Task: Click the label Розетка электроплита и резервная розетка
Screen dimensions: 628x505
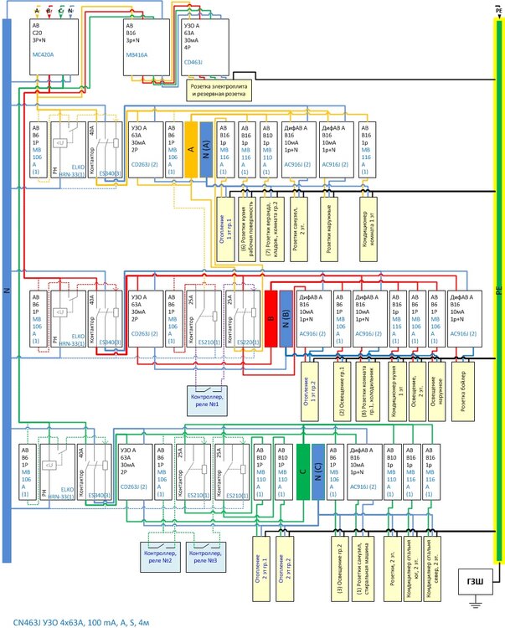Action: [218, 91]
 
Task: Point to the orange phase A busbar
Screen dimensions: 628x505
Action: [190, 149]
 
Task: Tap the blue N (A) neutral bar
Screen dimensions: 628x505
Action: [205, 149]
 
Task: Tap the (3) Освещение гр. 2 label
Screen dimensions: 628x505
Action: [343, 567]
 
